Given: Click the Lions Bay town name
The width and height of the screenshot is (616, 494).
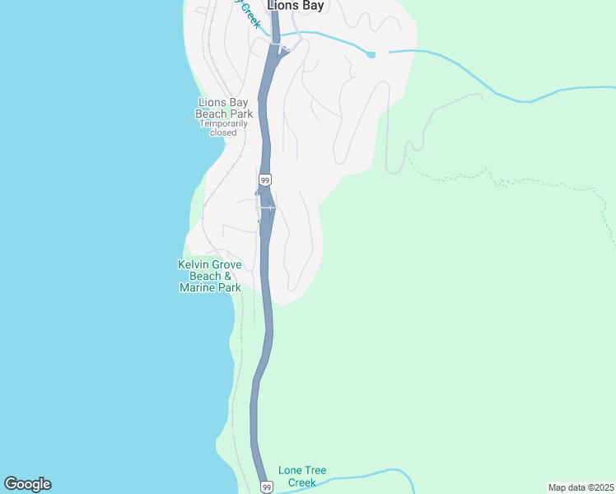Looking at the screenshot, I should pyautogui.click(x=296, y=6).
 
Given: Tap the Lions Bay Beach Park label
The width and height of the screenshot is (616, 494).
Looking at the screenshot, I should pyautogui.click(x=225, y=108).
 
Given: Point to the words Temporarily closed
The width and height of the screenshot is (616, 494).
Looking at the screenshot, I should pyautogui.click(x=223, y=128).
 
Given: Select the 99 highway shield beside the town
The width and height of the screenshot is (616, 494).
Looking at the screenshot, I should pyautogui.click(x=264, y=179).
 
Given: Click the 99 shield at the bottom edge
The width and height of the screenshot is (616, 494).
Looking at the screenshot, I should pyautogui.click(x=266, y=487).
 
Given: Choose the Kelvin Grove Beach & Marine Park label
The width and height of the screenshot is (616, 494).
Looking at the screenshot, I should pyautogui.click(x=210, y=276).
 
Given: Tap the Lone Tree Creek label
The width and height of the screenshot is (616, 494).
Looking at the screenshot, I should pyautogui.click(x=302, y=476).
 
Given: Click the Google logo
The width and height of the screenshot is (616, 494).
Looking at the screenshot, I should pyautogui.click(x=27, y=484).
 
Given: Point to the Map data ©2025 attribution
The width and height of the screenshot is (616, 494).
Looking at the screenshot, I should pyautogui.click(x=581, y=487).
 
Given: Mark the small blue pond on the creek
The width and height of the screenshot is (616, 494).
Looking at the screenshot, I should pyautogui.click(x=371, y=54).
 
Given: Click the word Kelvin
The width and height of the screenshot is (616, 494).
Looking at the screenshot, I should pyautogui.click(x=194, y=264).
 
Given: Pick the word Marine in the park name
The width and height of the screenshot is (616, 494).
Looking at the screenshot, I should pyautogui.click(x=197, y=288).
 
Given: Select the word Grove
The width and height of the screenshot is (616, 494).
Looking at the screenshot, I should pyautogui.click(x=228, y=264).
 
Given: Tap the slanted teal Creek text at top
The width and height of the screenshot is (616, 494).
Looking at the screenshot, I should pyautogui.click(x=250, y=15).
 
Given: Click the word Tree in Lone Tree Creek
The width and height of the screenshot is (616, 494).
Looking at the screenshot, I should pyautogui.click(x=315, y=470).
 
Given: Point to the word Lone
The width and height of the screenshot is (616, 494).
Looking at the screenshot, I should pyautogui.click(x=291, y=470).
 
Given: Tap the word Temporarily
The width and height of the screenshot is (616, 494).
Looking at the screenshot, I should pyautogui.click(x=223, y=123).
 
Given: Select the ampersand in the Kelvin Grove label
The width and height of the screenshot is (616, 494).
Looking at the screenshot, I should pyautogui.click(x=238, y=276).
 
